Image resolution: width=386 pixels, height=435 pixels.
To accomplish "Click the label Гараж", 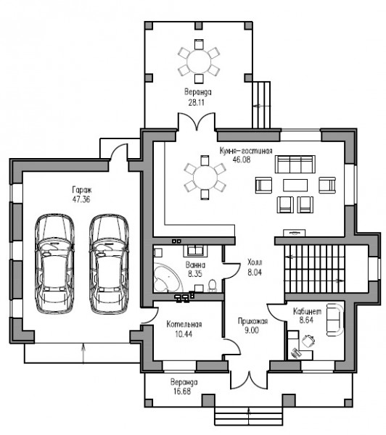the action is pos(82,190).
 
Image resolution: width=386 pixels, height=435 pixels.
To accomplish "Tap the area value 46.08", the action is pos(242,159).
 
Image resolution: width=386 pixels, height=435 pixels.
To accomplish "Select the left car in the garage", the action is pos(54,264).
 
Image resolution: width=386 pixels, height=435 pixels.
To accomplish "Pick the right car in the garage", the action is pos(109,264).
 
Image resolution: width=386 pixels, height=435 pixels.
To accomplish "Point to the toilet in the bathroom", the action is pos(212,286).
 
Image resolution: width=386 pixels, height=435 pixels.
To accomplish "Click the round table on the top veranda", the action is pos(199,62).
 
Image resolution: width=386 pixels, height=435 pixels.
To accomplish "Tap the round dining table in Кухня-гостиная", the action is pos(205,177).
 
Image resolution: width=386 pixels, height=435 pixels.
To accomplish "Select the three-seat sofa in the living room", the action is pos(295,164).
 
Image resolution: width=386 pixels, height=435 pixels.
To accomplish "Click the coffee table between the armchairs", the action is pos(295,186).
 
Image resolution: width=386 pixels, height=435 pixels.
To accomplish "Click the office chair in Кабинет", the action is pos(308,341).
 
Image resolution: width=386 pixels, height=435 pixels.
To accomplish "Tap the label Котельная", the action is pos(184,324).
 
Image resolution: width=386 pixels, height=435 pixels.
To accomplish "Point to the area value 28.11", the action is pos(197,103).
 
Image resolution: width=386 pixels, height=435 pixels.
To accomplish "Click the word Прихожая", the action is pos(252,321).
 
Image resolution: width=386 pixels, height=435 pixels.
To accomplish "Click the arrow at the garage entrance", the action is pos(83,353).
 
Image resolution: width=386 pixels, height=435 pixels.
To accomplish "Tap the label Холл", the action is pos(255,262).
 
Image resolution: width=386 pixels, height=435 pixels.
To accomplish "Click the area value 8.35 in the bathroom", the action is pos(195,274).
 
